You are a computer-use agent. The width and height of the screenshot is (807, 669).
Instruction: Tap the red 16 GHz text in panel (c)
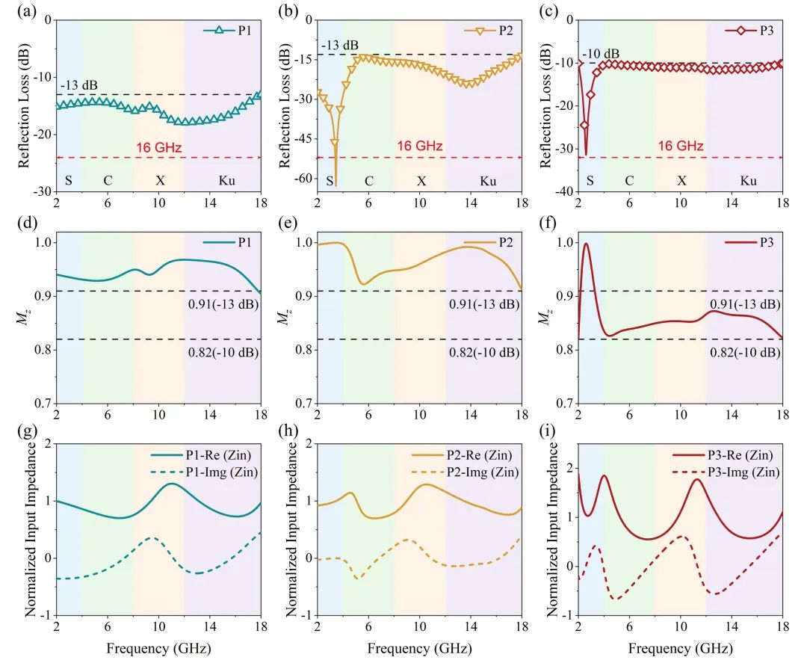pyautogui.click(x=680, y=147)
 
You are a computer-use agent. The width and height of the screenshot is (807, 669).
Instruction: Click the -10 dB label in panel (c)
pyautogui.click(x=601, y=53)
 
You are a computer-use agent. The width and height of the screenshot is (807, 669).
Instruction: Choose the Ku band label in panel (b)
pyautogui.click(x=487, y=181)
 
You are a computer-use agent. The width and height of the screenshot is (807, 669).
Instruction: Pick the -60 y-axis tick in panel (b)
pyautogui.click(x=302, y=179)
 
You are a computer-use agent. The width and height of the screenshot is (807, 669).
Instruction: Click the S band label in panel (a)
pyautogui.click(x=69, y=181)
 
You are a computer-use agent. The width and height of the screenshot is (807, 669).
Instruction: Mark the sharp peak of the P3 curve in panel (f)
pyautogui.click(x=586, y=243)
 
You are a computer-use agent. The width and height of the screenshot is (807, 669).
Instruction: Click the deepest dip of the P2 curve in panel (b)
pyautogui.click(x=336, y=185)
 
